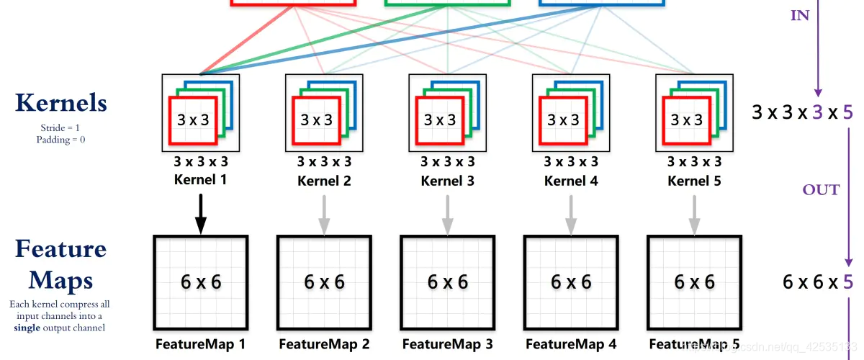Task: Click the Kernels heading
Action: pos(61,103)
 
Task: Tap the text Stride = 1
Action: pos(60,127)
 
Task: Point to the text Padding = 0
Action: pos(60,139)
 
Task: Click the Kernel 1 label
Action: pos(200,180)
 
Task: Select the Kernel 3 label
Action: pos(447,181)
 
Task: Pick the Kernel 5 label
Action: pos(694,181)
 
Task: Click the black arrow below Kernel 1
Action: pos(201,214)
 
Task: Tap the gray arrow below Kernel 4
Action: pos(571,215)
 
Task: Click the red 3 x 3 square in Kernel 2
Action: pos(316,120)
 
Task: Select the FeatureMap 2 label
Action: pos(324,344)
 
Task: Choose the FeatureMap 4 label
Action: pos(571,344)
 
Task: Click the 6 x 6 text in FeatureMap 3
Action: pos(447,282)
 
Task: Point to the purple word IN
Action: pos(800,15)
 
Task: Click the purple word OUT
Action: pos(821,190)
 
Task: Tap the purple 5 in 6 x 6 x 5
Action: pos(848,282)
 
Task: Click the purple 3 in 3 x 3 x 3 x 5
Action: pos(818,112)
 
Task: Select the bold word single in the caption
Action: pos(27,328)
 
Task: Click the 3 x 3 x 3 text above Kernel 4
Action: pos(571,162)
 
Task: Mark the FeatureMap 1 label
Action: pos(200,344)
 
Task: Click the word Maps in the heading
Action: pos(60,281)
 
